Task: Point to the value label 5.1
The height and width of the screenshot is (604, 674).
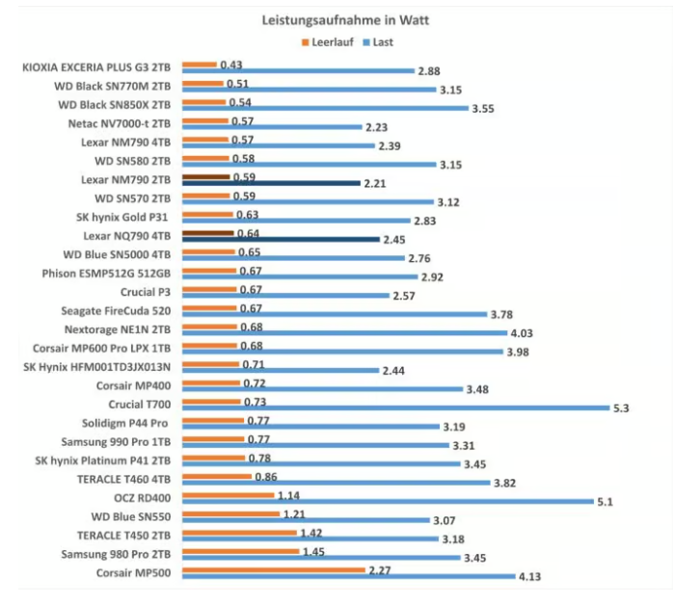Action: coord(606,502)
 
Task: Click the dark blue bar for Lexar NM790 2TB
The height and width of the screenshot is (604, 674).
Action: coord(271,182)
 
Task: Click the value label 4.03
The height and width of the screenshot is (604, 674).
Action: coord(522,333)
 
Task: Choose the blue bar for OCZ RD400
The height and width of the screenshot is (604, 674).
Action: coord(385,502)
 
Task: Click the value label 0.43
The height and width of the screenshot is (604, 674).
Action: coord(230,65)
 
